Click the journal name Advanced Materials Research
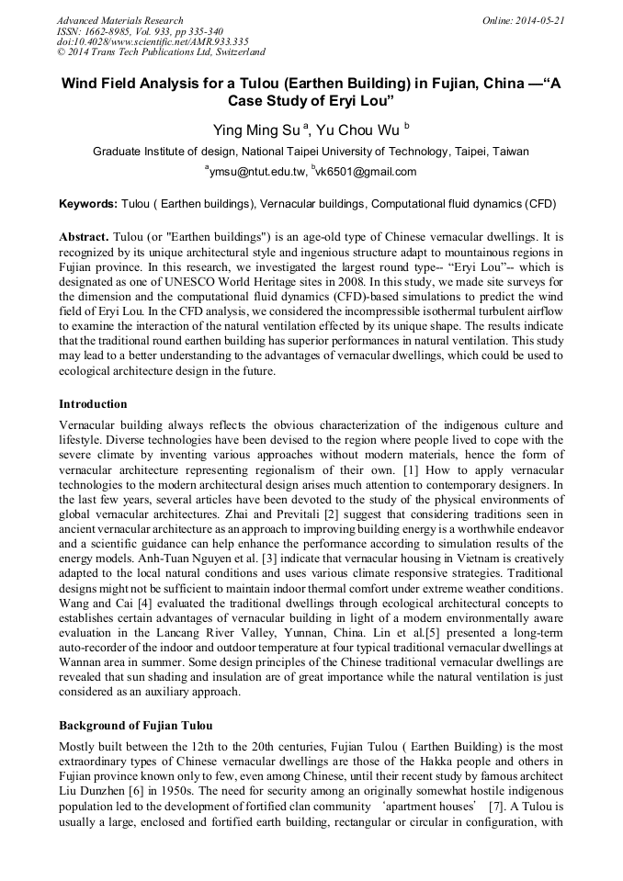coord(119,20)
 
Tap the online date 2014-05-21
coord(540,20)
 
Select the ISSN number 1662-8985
coord(110,31)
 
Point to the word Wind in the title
coord(81,82)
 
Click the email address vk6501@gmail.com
coord(354,172)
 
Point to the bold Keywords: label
coord(88,203)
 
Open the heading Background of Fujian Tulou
coord(135,725)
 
